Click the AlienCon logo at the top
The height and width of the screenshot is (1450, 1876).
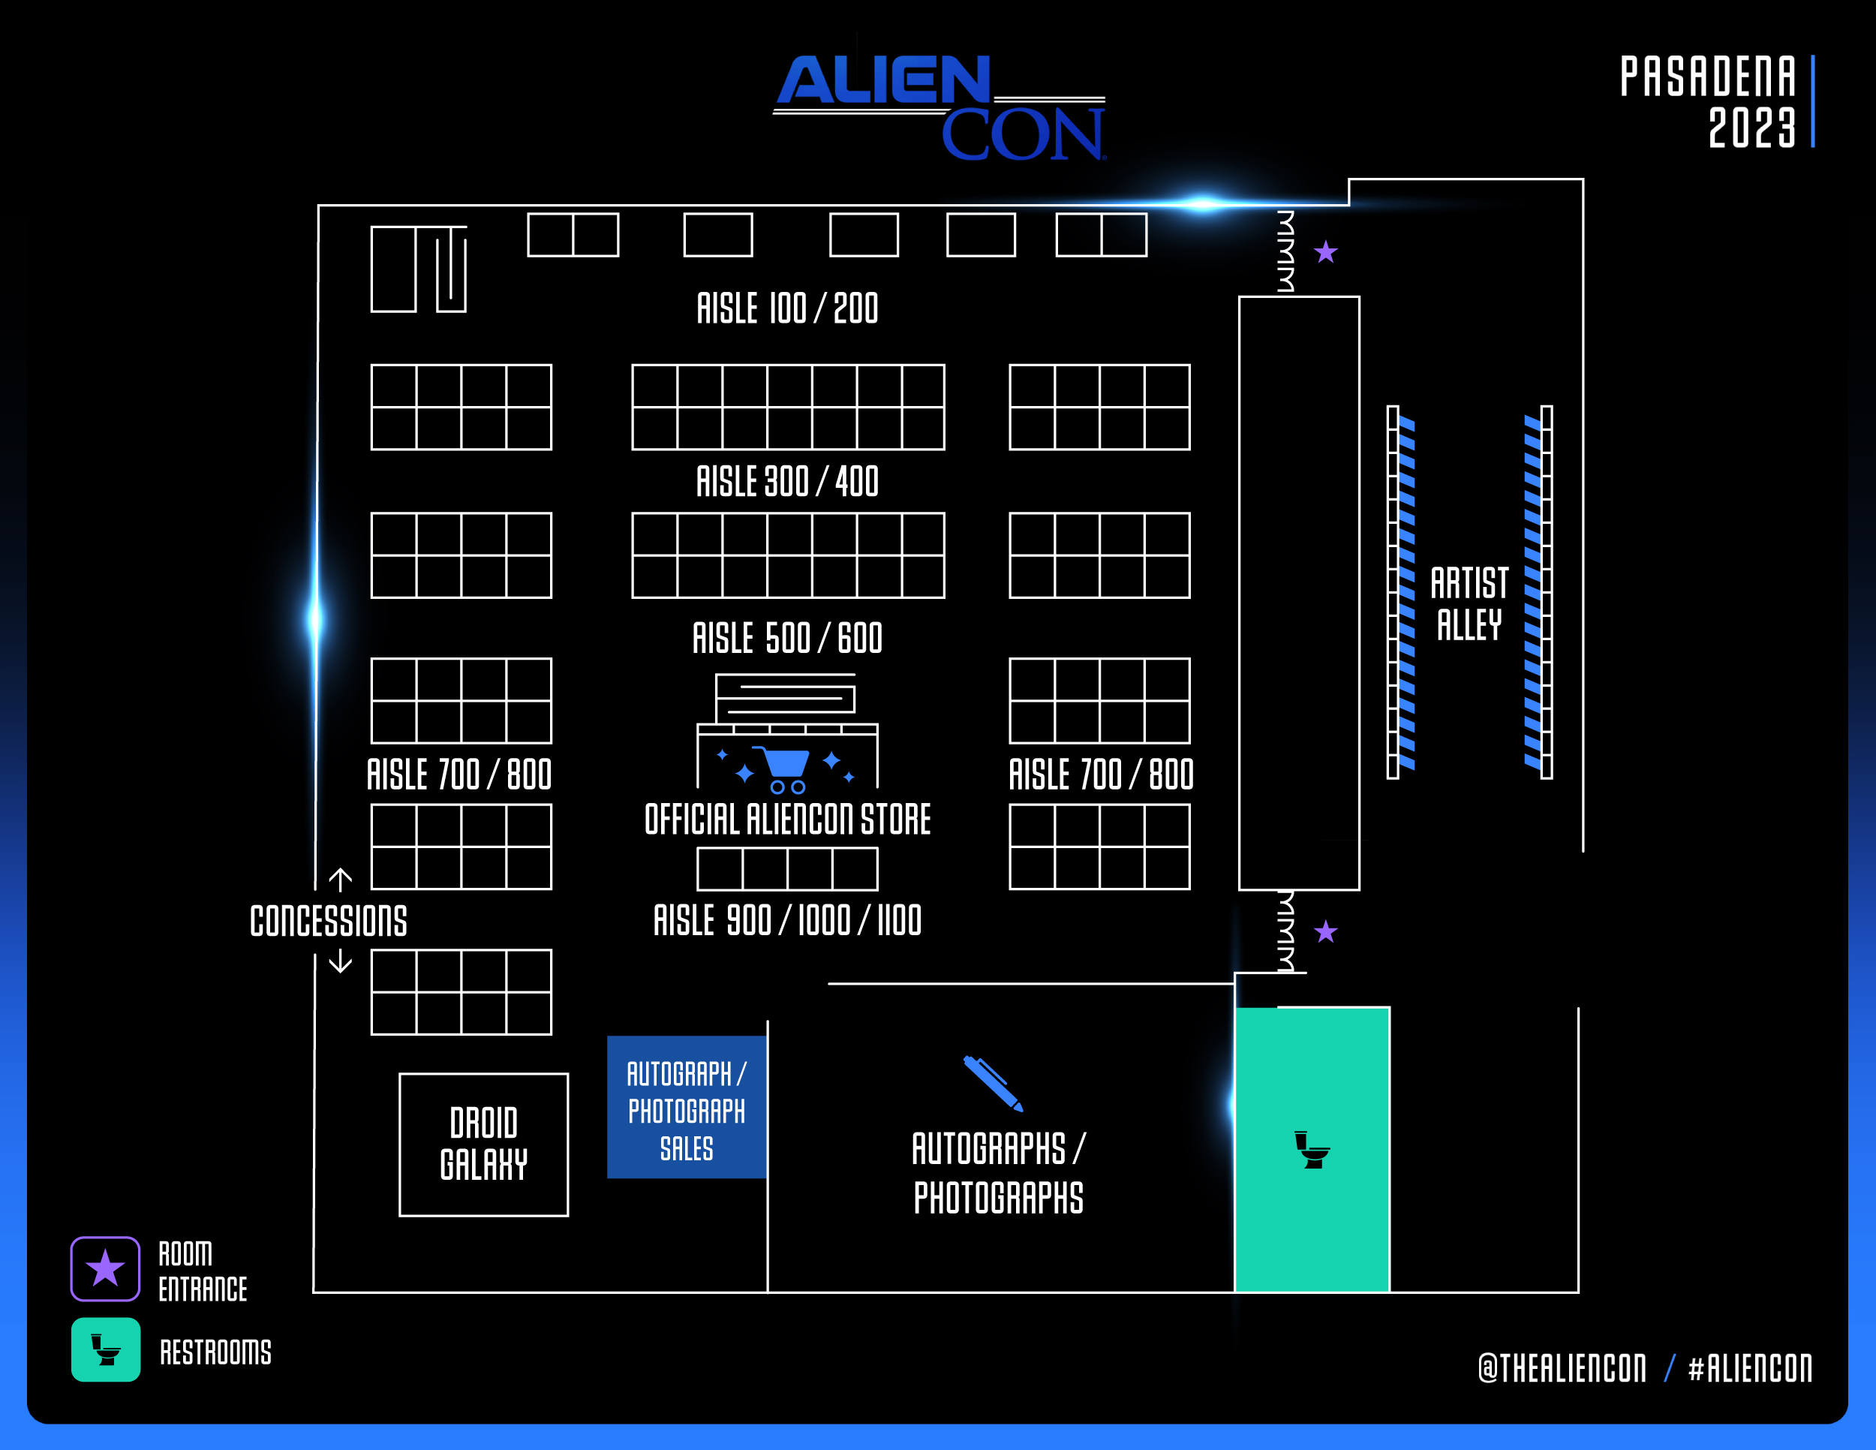pyautogui.click(x=940, y=108)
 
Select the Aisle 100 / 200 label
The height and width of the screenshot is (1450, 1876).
pyautogui.click(x=787, y=308)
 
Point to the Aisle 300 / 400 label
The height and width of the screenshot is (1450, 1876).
pyautogui.click(x=787, y=481)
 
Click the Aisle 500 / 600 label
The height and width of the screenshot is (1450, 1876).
pyautogui.click(x=787, y=638)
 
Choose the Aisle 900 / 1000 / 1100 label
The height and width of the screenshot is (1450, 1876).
pyautogui.click(x=787, y=920)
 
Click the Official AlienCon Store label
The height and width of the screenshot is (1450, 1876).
pyautogui.click(x=787, y=820)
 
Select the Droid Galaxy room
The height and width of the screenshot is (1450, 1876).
pyautogui.click(x=483, y=1145)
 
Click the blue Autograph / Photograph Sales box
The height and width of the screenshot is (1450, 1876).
pyautogui.click(x=687, y=1107)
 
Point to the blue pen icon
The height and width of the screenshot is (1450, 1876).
pyautogui.click(x=993, y=1083)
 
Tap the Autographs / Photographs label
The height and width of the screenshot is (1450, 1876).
pyautogui.click(x=998, y=1172)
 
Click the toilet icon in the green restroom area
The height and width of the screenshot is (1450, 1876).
pyautogui.click(x=1312, y=1151)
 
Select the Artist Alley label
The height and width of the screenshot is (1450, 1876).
pyautogui.click(x=1469, y=603)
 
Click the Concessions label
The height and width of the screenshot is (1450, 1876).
pyautogui.click(x=328, y=921)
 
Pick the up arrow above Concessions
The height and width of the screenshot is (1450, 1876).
pyautogui.click(x=340, y=880)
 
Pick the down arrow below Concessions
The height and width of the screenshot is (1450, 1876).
pyautogui.click(x=340, y=961)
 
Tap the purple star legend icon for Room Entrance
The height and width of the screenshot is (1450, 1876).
pyautogui.click(x=105, y=1268)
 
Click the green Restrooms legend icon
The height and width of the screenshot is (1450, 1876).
pyautogui.click(x=106, y=1349)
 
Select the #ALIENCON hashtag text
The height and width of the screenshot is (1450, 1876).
pyautogui.click(x=1750, y=1368)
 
